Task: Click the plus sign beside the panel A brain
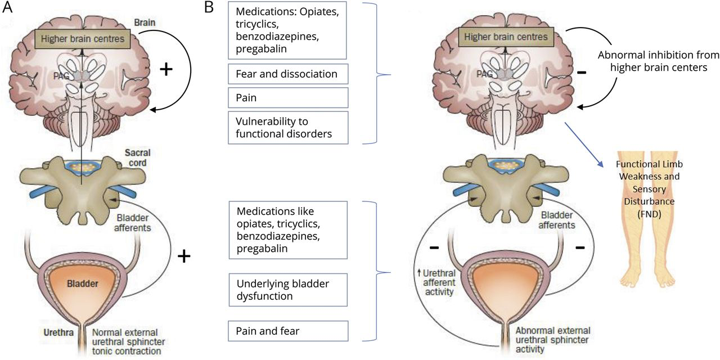(165, 70)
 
